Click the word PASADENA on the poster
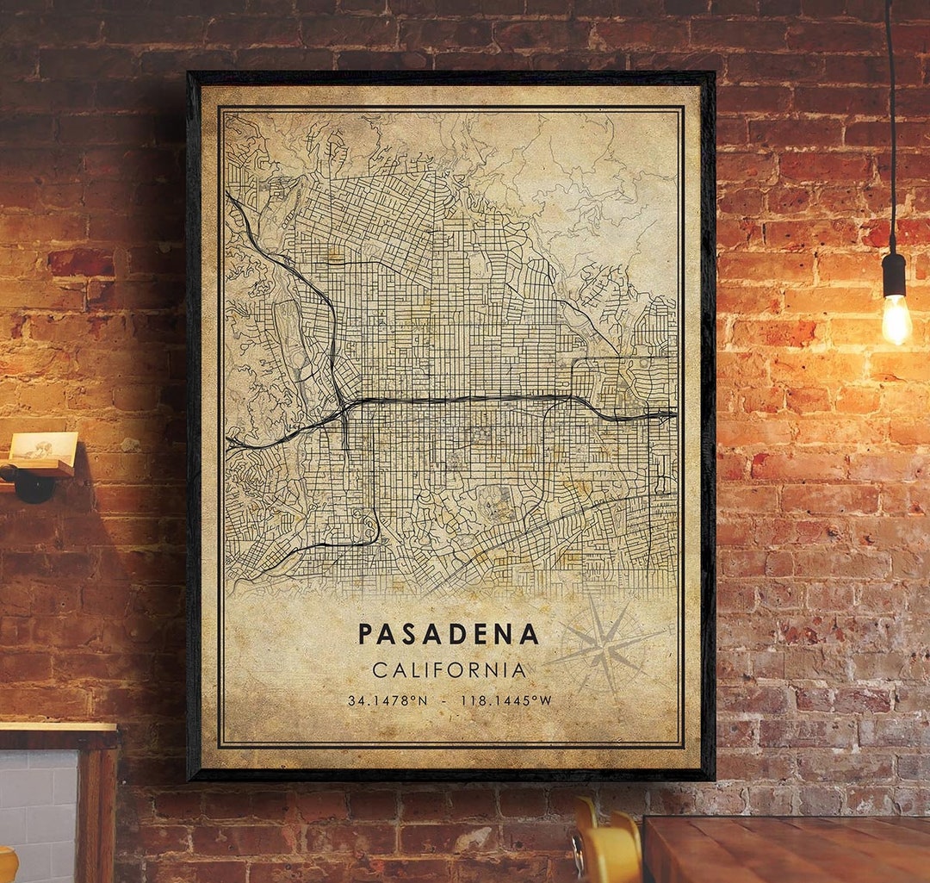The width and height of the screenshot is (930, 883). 449,634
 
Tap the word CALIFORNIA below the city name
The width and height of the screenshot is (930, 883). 449,669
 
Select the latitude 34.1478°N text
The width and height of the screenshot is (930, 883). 387,700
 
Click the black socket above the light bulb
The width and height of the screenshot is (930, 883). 894,275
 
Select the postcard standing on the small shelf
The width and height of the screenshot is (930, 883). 42,446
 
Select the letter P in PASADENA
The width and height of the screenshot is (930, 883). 365,634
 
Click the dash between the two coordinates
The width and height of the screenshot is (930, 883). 443,700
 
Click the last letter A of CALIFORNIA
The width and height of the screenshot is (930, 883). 519,669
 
